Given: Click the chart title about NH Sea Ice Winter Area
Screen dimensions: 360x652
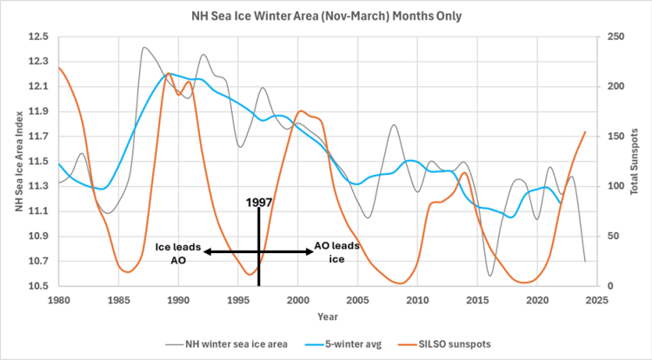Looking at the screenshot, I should pyautogui.click(x=326, y=16).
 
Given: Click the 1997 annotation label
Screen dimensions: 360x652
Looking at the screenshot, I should pyautogui.click(x=257, y=202).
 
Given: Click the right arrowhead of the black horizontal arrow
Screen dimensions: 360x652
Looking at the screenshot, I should pyautogui.click(x=309, y=251).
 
